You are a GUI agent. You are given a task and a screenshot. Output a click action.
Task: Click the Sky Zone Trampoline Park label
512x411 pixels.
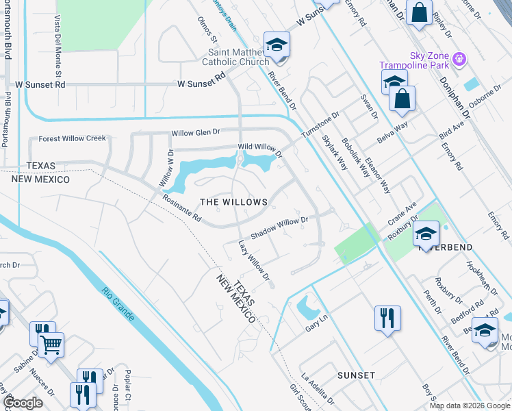(415, 60)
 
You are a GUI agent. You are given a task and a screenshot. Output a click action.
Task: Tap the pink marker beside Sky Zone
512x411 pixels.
(459, 60)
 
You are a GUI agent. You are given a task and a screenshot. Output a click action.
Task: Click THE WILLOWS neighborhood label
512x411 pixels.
(233, 202)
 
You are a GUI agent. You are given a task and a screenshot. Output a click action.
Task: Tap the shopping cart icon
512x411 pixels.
(51, 346)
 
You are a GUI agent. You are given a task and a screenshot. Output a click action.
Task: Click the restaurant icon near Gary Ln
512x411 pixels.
(387, 319)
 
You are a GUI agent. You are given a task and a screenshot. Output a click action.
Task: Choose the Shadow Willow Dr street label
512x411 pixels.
(280, 227)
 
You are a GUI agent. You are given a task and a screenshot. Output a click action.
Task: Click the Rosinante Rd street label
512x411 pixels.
(182, 209)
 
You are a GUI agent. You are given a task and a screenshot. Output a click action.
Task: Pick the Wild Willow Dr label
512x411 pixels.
(259, 148)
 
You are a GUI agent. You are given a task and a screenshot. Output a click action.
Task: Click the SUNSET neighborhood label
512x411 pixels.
(356, 375)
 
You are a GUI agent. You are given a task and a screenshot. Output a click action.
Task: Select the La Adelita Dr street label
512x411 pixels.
(318, 388)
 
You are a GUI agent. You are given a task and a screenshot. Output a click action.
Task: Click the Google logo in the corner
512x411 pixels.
(23, 403)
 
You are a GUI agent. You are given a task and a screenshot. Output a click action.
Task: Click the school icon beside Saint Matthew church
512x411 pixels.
(277, 45)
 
